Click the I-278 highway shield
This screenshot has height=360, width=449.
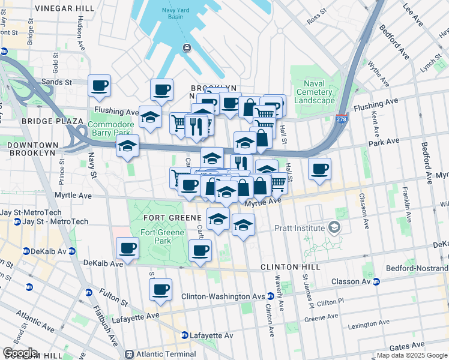pos(342,118)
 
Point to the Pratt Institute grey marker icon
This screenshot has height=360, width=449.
pos(334,228)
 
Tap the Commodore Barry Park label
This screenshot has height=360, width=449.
pos(109,128)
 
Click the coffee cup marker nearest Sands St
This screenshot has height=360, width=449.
pos(99,85)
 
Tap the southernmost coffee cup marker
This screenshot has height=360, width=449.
pos(160,289)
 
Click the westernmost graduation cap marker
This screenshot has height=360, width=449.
pos(127,146)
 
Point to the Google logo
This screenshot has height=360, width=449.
pos(20,353)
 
